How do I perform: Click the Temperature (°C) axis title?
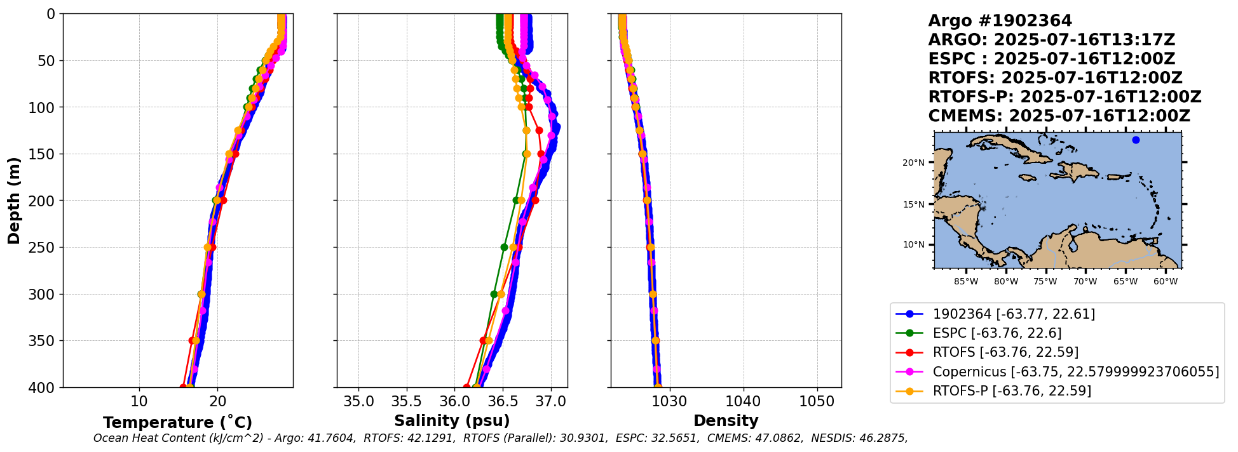pyautogui.click(x=177, y=422)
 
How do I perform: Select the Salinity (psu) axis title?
pyautogui.click(x=452, y=421)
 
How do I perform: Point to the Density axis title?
pyautogui.click(x=726, y=421)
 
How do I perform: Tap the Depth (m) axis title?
pyautogui.click(x=14, y=201)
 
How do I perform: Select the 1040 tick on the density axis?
pyautogui.click(x=743, y=402)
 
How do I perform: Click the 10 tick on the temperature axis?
pyautogui.click(x=139, y=402)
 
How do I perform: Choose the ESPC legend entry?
pyautogui.click(x=997, y=333)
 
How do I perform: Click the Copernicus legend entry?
pyautogui.click(x=1075, y=371)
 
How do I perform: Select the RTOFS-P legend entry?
pyautogui.click(x=1012, y=390)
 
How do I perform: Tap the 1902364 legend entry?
pyautogui.click(x=1014, y=314)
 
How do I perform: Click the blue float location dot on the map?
pyautogui.click(x=1136, y=140)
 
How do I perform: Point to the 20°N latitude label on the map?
pyautogui.click(x=913, y=163)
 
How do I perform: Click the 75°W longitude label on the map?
pyautogui.click(x=1046, y=281)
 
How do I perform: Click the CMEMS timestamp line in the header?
pyautogui.click(x=1059, y=116)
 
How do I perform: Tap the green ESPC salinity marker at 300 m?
pyautogui.click(x=494, y=294)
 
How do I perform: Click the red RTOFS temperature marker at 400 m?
pyautogui.click(x=183, y=387)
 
